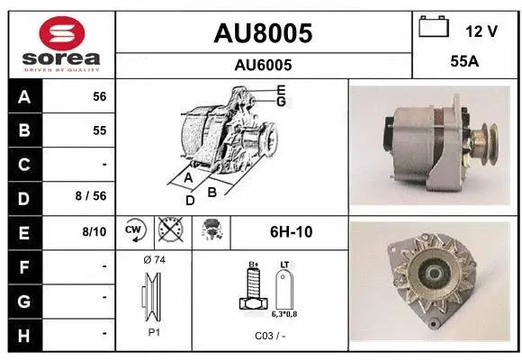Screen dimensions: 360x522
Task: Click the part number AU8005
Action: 263,33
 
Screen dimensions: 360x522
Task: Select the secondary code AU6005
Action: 263,65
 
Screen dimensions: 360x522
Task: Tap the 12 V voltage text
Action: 481,31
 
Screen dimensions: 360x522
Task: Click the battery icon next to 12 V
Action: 434,28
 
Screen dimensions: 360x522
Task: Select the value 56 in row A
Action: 99,97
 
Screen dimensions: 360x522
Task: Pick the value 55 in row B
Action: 99,130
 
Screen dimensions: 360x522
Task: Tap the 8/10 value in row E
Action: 94,231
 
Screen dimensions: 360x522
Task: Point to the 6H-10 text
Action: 291,231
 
